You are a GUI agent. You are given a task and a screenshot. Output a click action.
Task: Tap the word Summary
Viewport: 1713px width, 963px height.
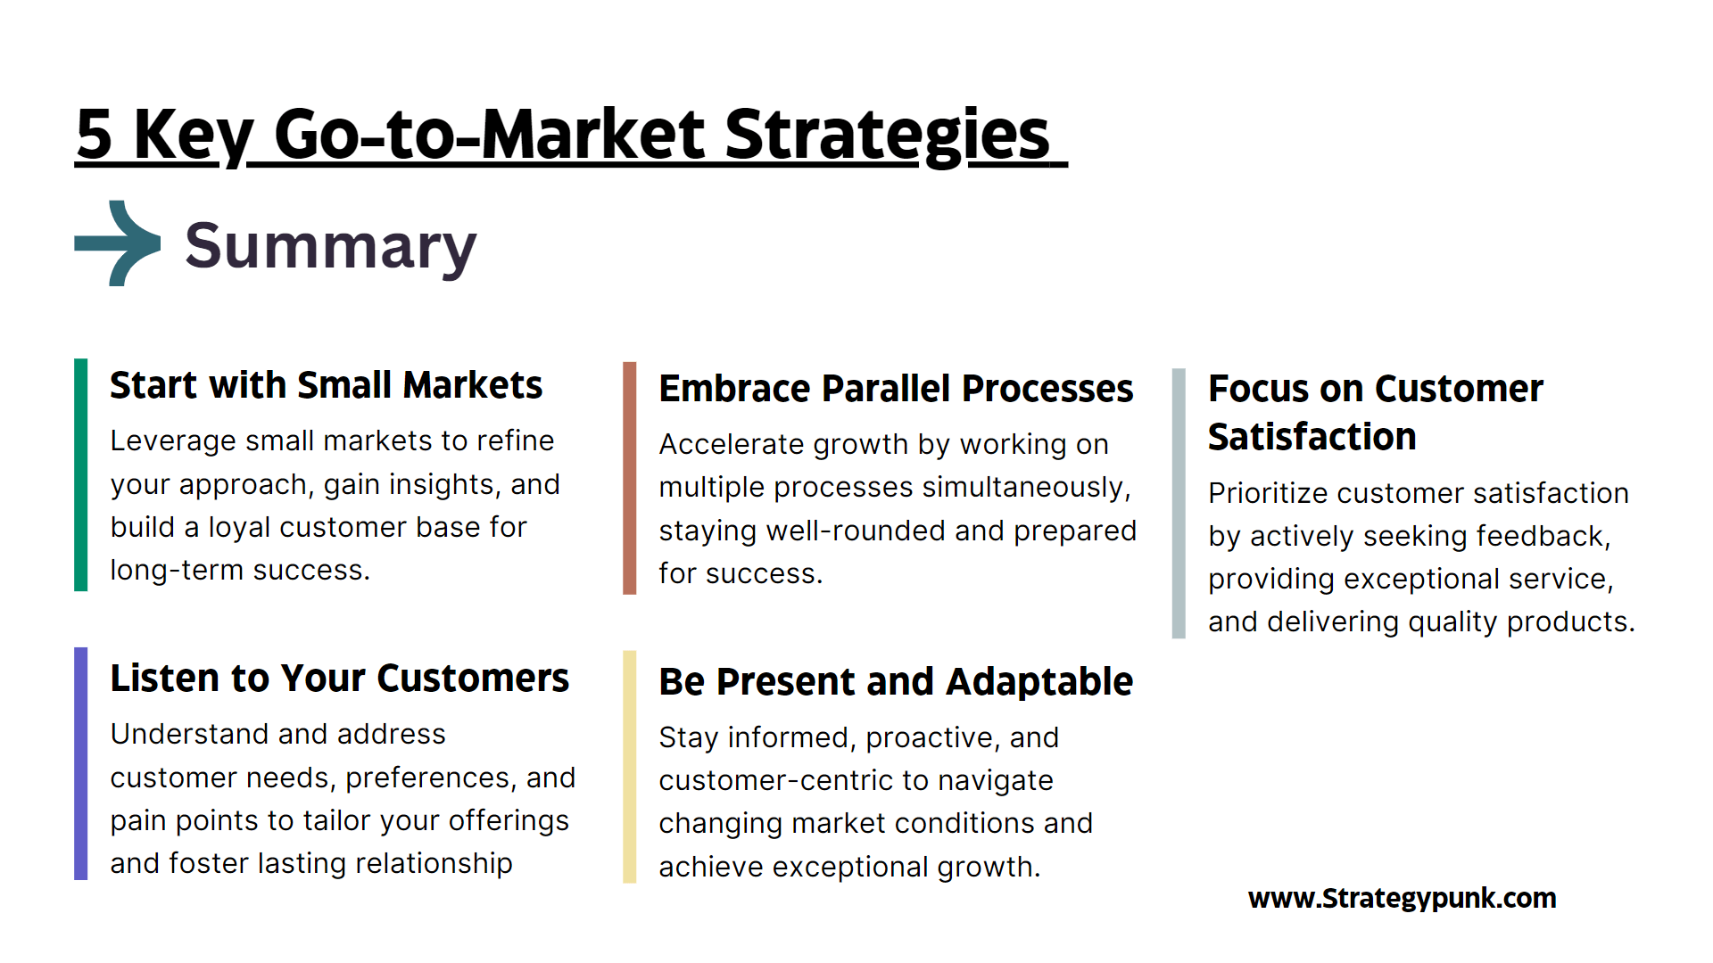(x=331, y=247)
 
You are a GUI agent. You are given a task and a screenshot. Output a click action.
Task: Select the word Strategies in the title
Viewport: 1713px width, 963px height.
(x=887, y=136)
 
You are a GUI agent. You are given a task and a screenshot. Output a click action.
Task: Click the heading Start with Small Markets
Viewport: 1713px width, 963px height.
(x=326, y=385)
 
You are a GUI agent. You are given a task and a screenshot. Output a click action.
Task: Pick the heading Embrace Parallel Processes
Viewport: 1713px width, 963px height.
(x=896, y=389)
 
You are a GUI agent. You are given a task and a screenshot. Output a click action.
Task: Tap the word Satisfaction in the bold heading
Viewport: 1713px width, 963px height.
(x=1312, y=437)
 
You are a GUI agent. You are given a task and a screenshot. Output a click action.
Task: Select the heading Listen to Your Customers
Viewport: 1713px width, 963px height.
(x=339, y=679)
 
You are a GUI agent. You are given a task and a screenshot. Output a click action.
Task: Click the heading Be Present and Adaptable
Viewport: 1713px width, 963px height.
(x=896, y=682)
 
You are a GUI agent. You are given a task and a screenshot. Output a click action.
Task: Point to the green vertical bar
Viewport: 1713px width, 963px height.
(x=80, y=474)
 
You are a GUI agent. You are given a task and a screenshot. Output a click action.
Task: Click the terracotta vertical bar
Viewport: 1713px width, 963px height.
(x=629, y=478)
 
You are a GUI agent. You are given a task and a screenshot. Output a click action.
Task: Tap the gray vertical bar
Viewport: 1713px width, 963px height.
(x=1179, y=503)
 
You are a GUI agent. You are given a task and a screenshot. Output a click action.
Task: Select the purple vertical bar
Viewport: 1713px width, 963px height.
(x=80, y=763)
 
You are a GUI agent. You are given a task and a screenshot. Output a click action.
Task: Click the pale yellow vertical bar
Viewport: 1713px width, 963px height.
(x=629, y=767)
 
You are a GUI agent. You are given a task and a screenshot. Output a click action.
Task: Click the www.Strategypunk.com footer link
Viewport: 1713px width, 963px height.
(x=1402, y=898)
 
